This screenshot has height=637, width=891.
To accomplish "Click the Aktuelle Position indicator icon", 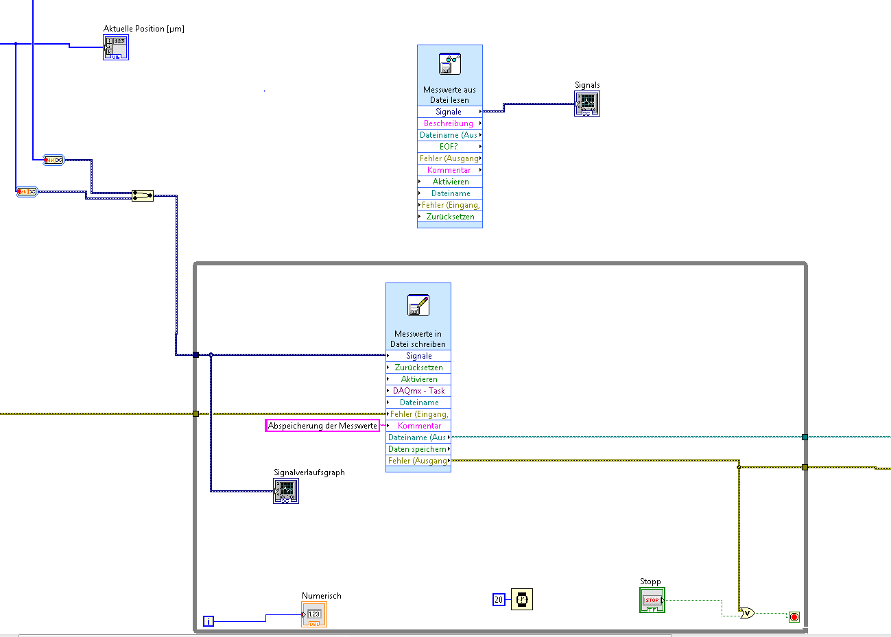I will point(116,47).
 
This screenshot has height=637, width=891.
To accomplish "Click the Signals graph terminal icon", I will point(587,104).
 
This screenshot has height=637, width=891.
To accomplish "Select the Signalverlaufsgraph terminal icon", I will point(286,491).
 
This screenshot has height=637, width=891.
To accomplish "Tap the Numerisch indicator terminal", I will point(314,614).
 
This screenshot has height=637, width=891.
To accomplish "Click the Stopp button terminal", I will point(652,600).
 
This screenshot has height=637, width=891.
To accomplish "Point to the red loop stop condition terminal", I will point(794,617).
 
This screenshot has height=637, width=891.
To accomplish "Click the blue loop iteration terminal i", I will point(209,621).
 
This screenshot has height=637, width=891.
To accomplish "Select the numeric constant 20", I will point(499,600).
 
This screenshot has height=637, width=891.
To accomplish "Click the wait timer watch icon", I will point(522,599).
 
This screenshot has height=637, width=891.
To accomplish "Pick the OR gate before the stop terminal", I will point(747,613).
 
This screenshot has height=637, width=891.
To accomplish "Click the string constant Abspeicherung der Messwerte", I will point(322,426).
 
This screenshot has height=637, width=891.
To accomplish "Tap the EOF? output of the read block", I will point(449,147).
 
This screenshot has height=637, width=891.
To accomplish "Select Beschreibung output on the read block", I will point(449,123).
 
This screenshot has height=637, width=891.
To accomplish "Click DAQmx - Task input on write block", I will point(418,391).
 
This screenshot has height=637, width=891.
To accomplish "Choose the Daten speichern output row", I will point(418,449).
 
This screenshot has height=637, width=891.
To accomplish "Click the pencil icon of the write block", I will point(418,305).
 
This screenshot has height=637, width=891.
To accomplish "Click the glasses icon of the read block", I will point(450,64).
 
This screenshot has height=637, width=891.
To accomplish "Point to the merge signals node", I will point(143,195).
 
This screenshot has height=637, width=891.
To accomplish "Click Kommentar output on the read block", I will point(449,170).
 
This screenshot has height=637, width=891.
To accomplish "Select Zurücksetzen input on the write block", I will point(418,368).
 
